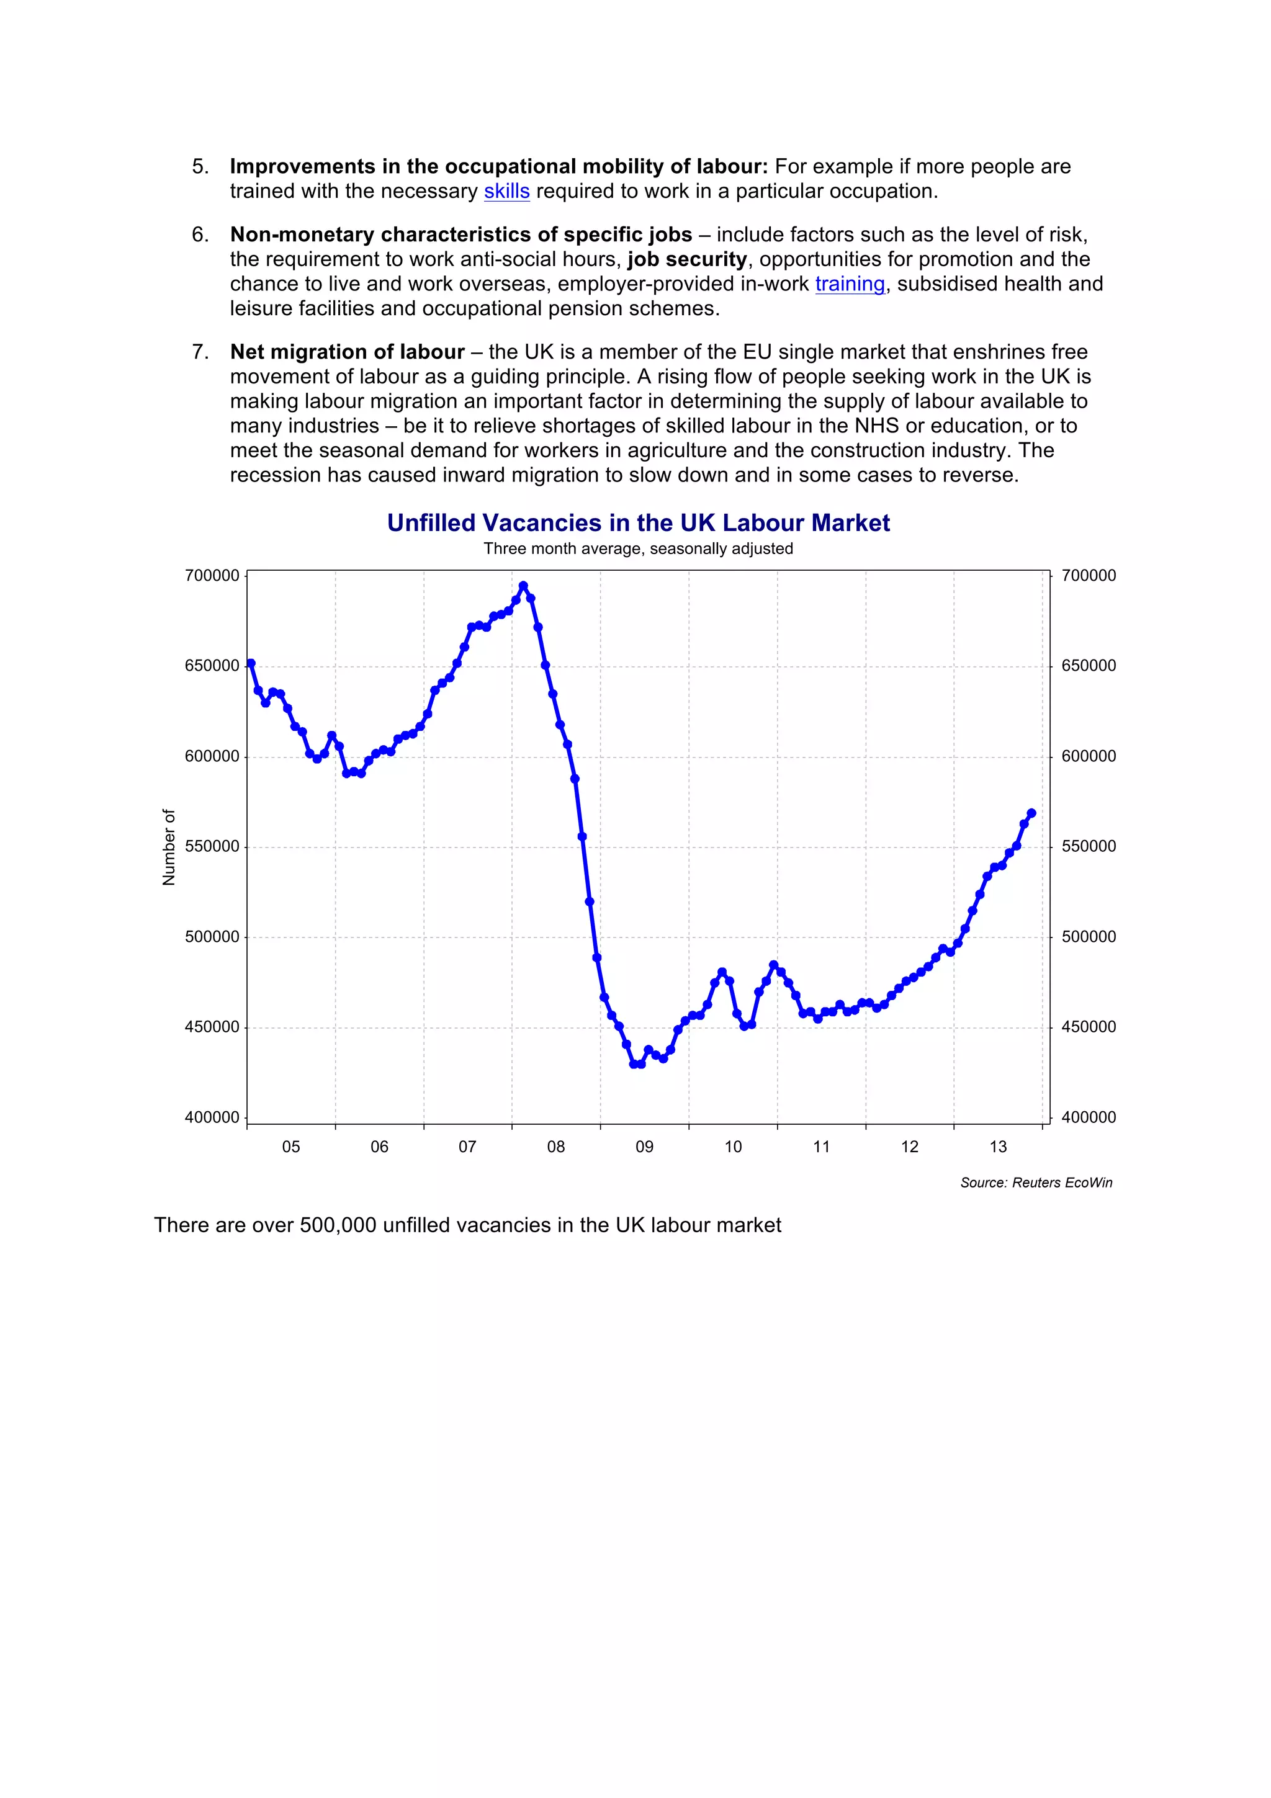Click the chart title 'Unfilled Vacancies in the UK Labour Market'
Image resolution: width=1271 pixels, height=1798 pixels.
(x=638, y=523)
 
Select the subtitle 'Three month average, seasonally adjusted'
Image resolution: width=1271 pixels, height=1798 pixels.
(x=638, y=549)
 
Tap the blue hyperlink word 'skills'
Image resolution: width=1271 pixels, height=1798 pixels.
(x=506, y=191)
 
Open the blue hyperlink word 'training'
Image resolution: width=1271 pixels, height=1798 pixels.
(x=850, y=284)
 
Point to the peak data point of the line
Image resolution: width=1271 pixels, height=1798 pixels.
(x=523, y=586)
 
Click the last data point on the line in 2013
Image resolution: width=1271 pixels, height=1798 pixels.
(x=1031, y=813)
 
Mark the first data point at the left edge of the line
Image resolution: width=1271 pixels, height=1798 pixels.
(x=251, y=663)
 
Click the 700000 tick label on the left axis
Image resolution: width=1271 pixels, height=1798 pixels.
(x=212, y=576)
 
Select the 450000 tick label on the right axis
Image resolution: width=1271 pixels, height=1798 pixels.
(x=1089, y=1027)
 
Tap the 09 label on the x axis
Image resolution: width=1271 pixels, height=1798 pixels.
(x=645, y=1147)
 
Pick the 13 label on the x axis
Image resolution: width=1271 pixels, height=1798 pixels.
(x=998, y=1147)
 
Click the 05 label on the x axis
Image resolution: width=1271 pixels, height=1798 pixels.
(x=290, y=1147)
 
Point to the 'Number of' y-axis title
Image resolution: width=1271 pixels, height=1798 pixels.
(x=168, y=848)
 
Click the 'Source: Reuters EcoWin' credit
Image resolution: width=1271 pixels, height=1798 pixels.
(x=1036, y=1183)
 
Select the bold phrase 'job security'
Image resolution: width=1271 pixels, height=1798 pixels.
(x=687, y=259)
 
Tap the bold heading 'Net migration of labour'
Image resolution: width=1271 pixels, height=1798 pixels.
(x=347, y=352)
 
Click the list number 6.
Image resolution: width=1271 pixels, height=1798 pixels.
(x=200, y=235)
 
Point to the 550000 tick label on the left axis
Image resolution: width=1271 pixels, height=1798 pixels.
(x=212, y=846)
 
